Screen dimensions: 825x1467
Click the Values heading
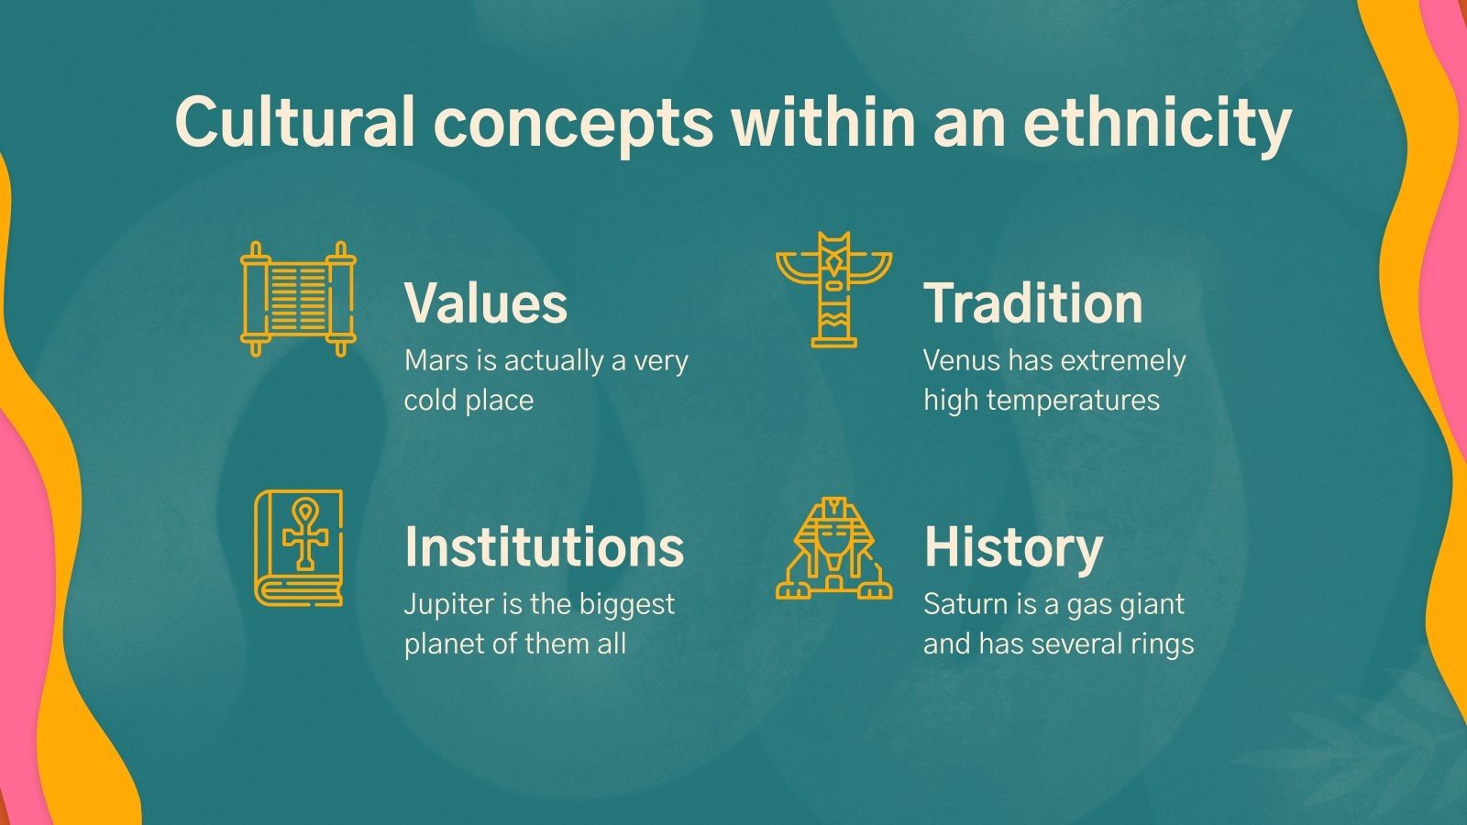click(486, 302)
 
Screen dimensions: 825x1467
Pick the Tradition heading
click(1033, 302)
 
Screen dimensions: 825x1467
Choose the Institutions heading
click(544, 546)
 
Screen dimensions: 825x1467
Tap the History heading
click(1013, 546)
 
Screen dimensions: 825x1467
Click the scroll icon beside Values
click(298, 299)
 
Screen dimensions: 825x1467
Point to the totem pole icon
click(833, 290)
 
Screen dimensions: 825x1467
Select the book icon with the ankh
click(299, 548)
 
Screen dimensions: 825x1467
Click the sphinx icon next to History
click(833, 548)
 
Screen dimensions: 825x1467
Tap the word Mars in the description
click(436, 360)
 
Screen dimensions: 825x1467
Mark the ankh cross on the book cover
click(304, 533)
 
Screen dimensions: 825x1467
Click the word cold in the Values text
click(430, 401)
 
